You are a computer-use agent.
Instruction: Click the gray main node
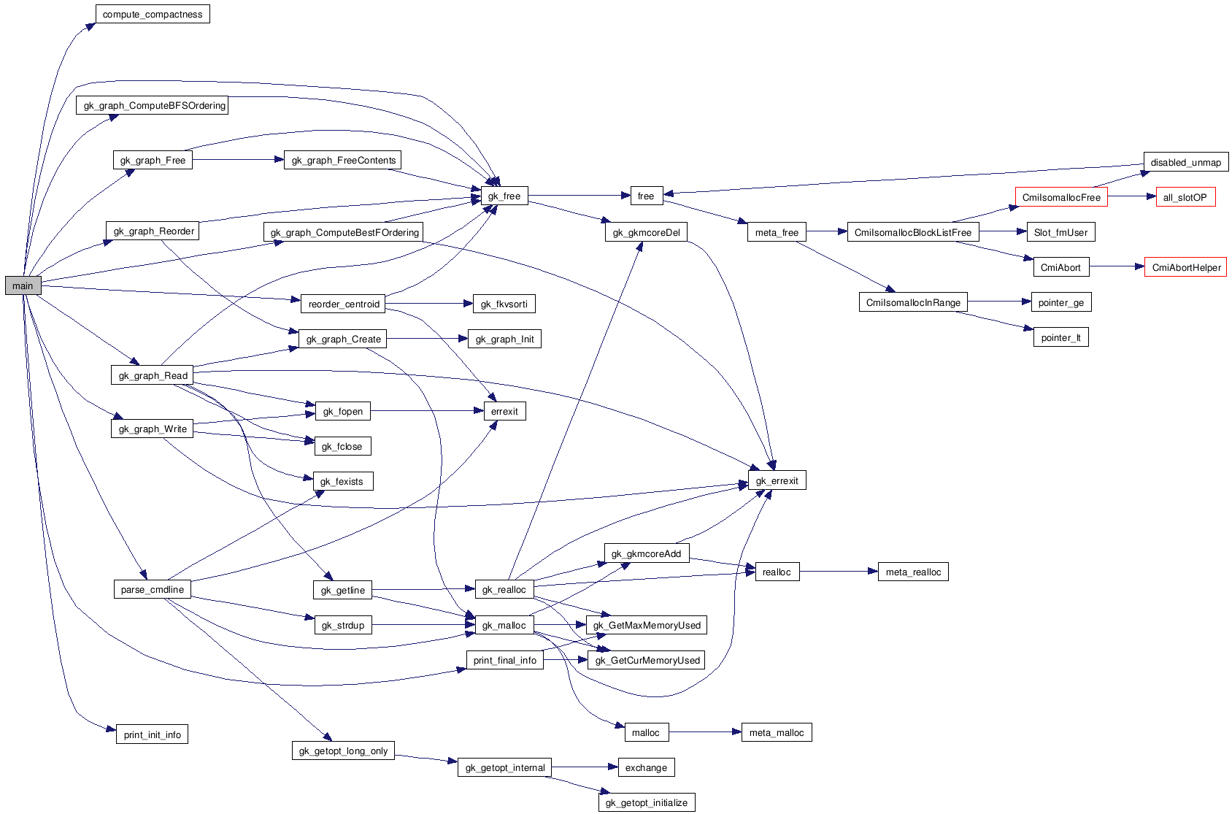tap(23, 285)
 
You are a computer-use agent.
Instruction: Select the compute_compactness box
tap(153, 15)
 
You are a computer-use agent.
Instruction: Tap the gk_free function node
tap(504, 196)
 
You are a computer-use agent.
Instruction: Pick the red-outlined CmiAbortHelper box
tap(1186, 267)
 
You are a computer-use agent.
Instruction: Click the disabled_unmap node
tap(1185, 162)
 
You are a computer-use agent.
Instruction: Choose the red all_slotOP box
tap(1185, 197)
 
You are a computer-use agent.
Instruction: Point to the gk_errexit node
tap(777, 480)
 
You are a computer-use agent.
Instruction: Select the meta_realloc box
tap(913, 572)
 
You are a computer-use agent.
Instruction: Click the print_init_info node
tap(152, 734)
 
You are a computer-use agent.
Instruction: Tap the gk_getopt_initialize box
tap(647, 802)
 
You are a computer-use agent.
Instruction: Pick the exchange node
tap(646, 767)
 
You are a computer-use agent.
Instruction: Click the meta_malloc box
tap(777, 732)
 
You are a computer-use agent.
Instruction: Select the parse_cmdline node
tap(153, 589)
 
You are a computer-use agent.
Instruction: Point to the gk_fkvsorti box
tap(504, 304)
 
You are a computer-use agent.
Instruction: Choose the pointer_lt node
tap(1061, 337)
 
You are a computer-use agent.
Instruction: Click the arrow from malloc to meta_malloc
tap(704, 732)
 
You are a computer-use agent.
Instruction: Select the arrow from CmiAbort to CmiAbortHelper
tap(1117, 267)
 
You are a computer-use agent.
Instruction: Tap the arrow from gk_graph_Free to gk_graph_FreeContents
tap(238, 159)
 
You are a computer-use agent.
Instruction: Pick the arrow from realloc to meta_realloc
tap(839, 572)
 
